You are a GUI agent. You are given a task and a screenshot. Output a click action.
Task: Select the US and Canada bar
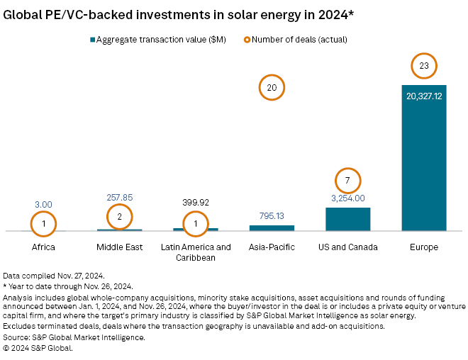347,219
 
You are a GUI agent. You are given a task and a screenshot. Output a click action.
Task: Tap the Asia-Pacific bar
272,228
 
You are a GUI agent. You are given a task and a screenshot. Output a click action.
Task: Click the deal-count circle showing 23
424,66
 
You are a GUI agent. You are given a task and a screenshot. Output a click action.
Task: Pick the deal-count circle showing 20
272,88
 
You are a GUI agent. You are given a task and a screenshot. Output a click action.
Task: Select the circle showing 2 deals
120,216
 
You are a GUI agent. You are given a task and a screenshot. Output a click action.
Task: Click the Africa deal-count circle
43,224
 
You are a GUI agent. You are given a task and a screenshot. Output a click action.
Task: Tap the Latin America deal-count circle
196,224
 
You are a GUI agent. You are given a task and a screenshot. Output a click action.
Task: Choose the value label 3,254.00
347,198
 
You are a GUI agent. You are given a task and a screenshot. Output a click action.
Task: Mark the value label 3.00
43,204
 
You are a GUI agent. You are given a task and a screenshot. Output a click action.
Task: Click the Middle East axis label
120,247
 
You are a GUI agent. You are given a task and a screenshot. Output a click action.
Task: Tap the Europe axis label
423,247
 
